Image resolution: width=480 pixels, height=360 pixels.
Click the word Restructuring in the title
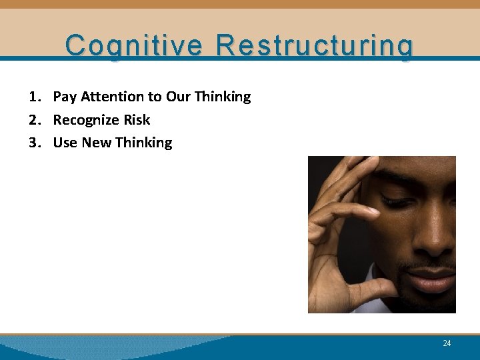(315, 46)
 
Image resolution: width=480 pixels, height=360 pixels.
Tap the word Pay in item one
(65, 97)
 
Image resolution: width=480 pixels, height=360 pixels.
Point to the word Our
(178, 97)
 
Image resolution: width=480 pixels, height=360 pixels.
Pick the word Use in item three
(65, 143)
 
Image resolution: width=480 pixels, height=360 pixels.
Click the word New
(96, 143)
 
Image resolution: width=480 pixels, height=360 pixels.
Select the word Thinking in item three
(143, 143)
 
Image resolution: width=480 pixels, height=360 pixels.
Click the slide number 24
(447, 343)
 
